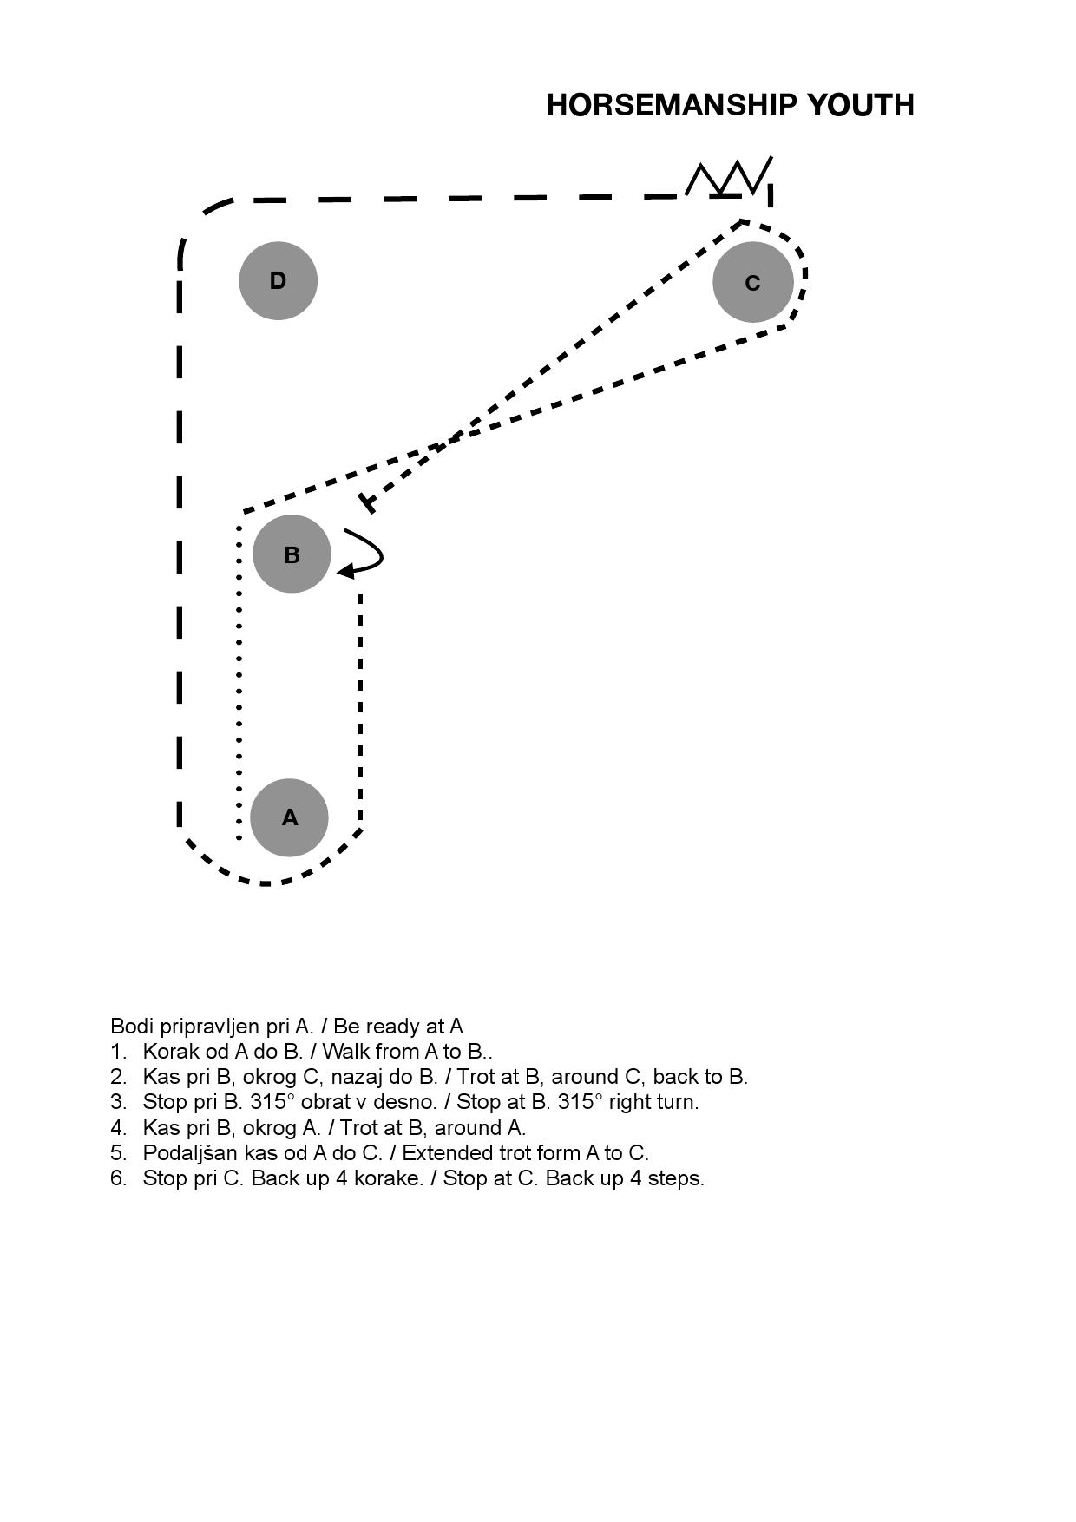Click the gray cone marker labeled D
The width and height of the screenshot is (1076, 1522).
pyautogui.click(x=278, y=280)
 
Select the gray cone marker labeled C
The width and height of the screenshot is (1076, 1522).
pyautogui.click(x=752, y=282)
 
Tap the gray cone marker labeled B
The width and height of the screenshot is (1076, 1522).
pyautogui.click(x=292, y=554)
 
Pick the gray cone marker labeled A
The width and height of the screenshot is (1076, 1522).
pyautogui.click(x=289, y=817)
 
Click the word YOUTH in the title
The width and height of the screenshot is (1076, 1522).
pyautogui.click(x=861, y=105)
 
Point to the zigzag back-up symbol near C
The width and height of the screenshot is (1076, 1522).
pyautogui.click(x=729, y=177)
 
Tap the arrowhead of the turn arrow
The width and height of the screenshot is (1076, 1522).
pyautogui.click(x=344, y=571)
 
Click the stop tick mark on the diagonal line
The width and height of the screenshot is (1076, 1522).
pyautogui.click(x=367, y=503)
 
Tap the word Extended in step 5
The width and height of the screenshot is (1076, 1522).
pyautogui.click(x=443, y=1153)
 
